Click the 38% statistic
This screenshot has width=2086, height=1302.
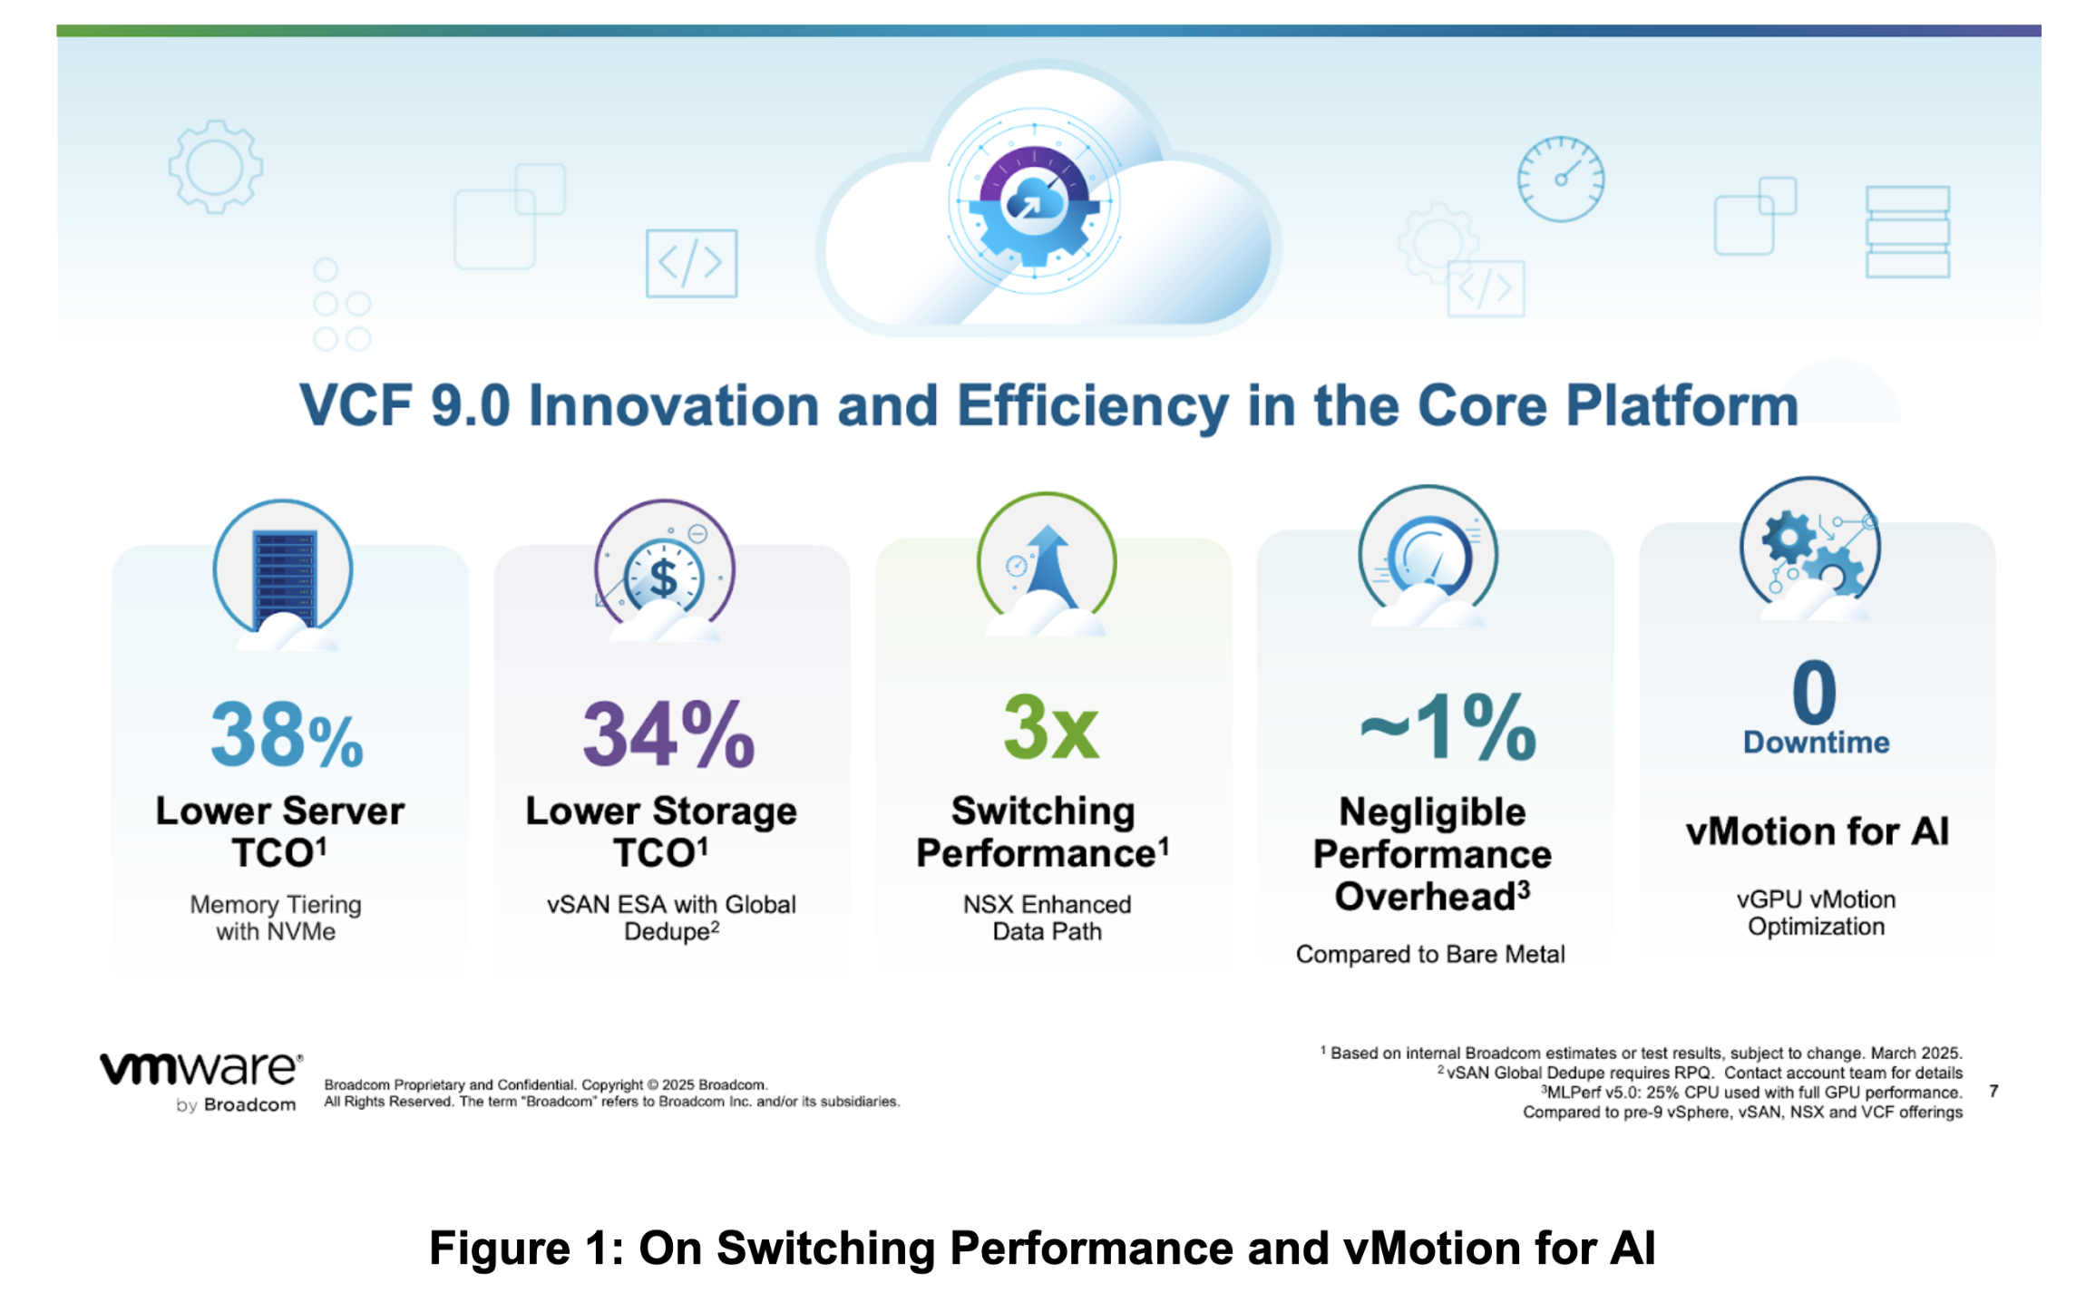(287, 734)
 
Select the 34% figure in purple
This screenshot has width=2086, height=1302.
(668, 734)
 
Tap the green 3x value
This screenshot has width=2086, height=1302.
(1051, 727)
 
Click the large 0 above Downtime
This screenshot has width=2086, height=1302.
(1814, 691)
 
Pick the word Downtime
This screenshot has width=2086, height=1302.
(1816, 742)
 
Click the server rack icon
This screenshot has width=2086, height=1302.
(284, 577)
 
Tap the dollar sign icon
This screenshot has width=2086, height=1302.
(664, 578)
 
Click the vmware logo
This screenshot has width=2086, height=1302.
(200, 1081)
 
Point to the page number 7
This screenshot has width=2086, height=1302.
(1993, 1091)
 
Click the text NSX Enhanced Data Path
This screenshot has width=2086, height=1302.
(1047, 918)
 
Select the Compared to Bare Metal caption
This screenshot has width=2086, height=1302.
(1430, 954)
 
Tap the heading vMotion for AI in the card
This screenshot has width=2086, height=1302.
(1817, 831)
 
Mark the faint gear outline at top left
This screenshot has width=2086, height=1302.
(216, 167)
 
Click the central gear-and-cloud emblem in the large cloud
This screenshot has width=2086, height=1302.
(1034, 202)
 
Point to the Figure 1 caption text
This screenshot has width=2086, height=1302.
(1042, 1248)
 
